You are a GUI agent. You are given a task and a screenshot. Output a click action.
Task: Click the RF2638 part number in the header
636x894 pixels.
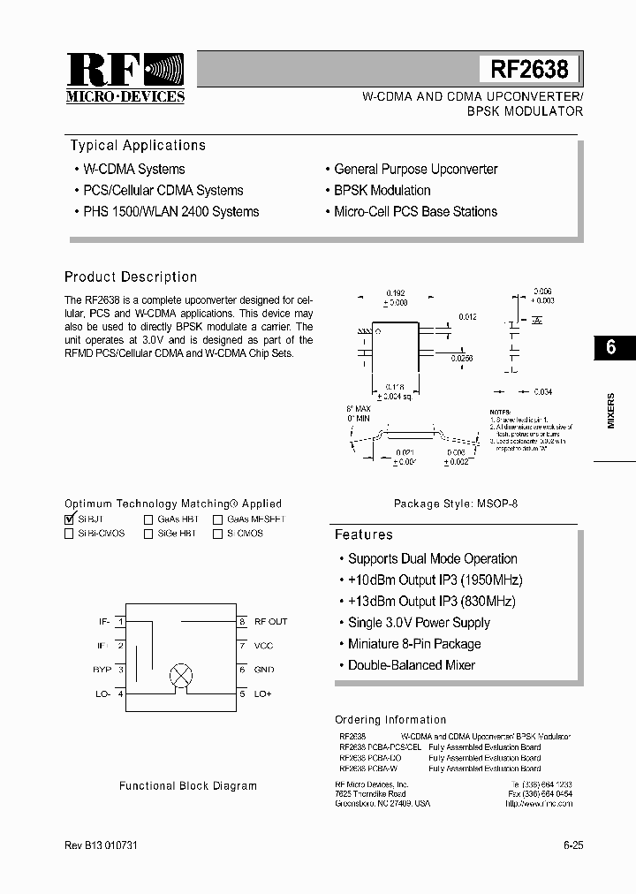pos(529,69)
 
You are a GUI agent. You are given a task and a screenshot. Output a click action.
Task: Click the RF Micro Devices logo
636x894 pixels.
pos(125,78)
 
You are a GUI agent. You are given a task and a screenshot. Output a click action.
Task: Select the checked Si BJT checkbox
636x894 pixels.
pos(70,520)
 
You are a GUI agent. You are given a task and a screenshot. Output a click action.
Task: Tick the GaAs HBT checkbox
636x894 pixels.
pos(148,520)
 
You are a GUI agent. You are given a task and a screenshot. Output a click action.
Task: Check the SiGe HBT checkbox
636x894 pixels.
pos(148,534)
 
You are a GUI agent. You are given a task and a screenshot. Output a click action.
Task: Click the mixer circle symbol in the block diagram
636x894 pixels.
pos(180,676)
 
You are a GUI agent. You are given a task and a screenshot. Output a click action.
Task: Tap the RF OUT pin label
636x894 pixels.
pos(270,622)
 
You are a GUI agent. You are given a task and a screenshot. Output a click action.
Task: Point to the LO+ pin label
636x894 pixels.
pos(262,694)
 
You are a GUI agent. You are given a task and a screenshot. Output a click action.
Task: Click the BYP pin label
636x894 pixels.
pos(102,670)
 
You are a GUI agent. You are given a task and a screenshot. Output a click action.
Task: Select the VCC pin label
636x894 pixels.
pos(264,646)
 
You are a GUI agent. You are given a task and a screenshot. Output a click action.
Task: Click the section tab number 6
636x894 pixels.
pos(610,347)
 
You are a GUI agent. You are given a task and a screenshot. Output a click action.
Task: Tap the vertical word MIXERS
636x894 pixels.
pos(610,411)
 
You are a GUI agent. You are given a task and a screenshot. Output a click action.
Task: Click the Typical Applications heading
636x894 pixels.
pos(138,146)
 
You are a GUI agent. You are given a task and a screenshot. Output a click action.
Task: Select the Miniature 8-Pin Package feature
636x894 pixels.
pos(413,644)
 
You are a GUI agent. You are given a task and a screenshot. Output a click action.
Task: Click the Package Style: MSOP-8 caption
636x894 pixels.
pos(456,504)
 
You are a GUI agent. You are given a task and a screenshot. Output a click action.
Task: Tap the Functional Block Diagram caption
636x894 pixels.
pos(188,785)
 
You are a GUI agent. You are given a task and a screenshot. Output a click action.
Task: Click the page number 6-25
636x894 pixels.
pos(573,845)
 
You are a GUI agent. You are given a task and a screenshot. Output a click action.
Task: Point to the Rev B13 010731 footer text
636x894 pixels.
pos(101,845)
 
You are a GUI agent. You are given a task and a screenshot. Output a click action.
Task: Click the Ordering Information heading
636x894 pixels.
pos(390,720)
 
